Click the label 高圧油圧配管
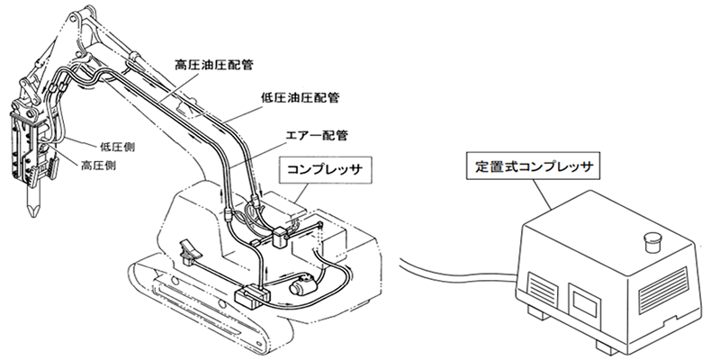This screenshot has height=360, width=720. [x=214, y=66]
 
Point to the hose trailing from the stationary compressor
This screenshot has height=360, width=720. [x=450, y=269]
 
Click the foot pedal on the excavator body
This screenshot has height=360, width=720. [x=189, y=248]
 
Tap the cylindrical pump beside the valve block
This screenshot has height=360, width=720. [x=301, y=285]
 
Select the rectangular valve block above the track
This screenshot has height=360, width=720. [x=251, y=293]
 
